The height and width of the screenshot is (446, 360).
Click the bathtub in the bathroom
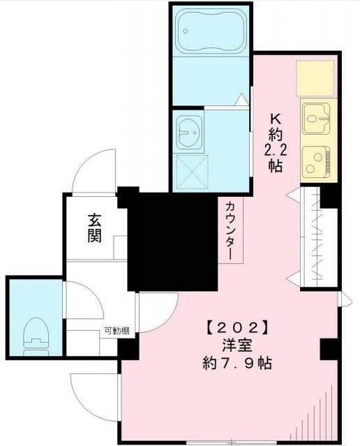[x=211, y=31]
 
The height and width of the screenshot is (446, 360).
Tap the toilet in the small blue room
[x=36, y=337]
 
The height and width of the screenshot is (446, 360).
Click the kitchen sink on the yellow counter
[x=316, y=119]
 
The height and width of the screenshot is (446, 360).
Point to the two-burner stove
[x=316, y=162]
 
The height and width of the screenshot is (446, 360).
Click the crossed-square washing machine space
[x=192, y=172]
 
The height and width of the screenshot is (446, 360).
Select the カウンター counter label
[x=230, y=231]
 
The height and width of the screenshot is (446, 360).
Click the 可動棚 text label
[x=117, y=331]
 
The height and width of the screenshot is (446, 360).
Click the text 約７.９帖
[x=237, y=363]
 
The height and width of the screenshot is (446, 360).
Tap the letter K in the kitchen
[x=276, y=119]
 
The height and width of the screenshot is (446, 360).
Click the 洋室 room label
[x=237, y=346]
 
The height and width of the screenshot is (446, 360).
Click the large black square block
[x=172, y=242]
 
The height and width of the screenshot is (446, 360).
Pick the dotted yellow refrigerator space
[x=315, y=78]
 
